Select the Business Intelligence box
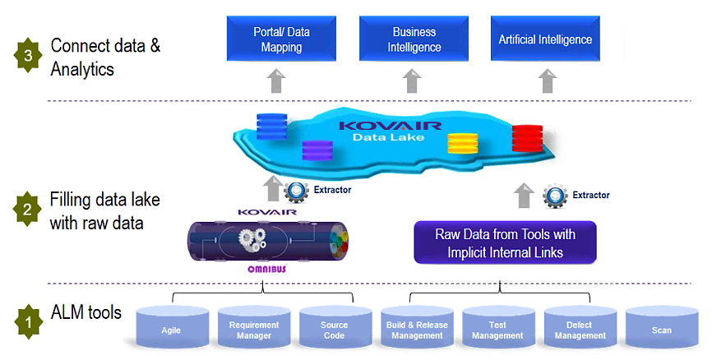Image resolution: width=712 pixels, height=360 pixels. (414, 39)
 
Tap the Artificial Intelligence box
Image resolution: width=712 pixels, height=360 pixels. (545, 39)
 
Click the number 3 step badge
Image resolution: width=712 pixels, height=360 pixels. (28, 56)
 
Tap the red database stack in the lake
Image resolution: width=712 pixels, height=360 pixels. (524, 139)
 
